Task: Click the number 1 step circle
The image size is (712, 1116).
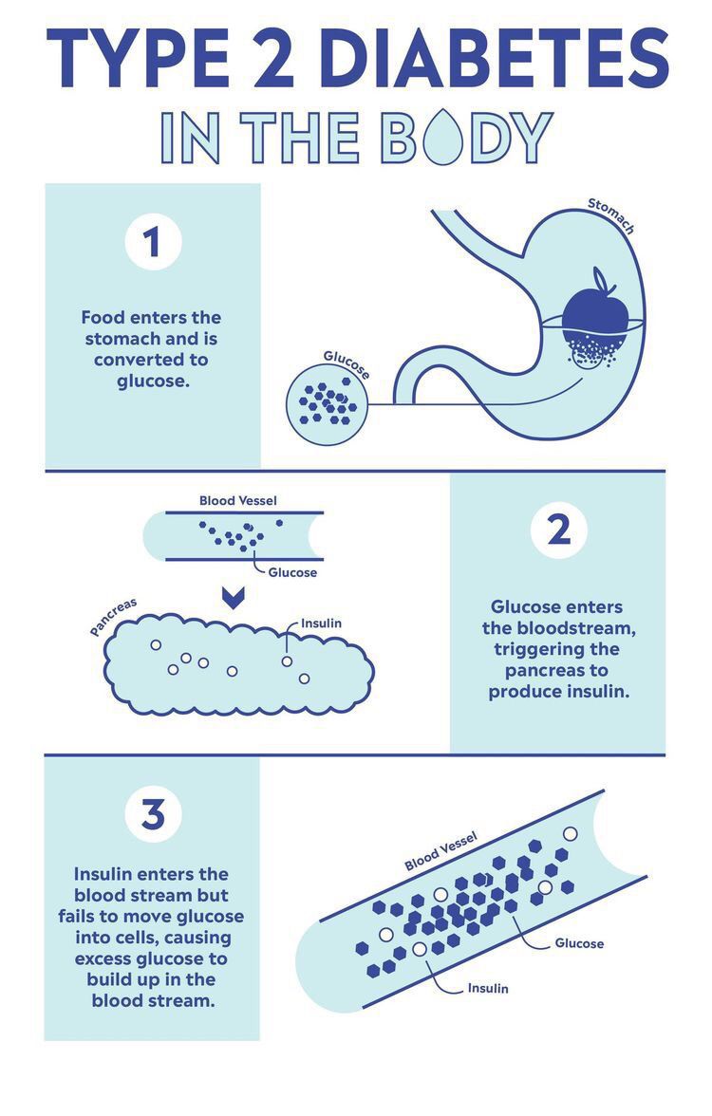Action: click(153, 241)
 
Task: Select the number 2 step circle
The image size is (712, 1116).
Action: click(559, 530)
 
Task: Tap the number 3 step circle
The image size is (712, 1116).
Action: click(153, 814)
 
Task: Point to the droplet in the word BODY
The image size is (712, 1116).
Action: click(442, 136)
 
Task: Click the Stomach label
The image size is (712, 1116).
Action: click(611, 214)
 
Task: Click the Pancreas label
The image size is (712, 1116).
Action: click(113, 617)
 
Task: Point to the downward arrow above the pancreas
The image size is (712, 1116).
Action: click(233, 598)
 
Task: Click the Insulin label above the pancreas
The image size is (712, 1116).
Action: click(321, 623)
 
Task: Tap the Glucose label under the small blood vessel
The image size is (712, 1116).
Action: click(292, 572)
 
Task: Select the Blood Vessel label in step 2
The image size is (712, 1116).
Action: click(237, 500)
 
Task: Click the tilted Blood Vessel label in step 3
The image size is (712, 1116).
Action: click(440, 852)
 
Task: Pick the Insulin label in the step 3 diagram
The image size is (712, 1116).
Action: click(488, 988)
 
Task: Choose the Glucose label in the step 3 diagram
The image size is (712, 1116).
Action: click(579, 943)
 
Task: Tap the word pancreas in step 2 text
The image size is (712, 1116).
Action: click(556, 670)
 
